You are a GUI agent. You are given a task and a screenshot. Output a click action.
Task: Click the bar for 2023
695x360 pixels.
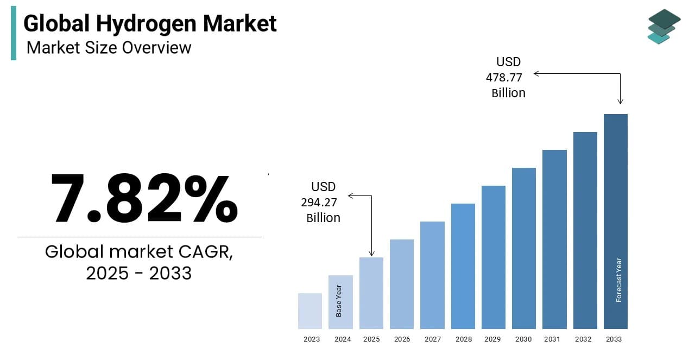tap(310, 311)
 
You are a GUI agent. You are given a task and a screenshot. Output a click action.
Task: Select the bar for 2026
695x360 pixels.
tap(402, 284)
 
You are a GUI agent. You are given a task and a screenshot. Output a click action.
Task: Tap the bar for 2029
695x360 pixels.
tap(494, 257)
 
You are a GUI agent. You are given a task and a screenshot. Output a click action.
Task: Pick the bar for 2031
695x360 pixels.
tap(554, 239)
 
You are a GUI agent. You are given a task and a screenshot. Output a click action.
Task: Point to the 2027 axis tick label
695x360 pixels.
tap(432, 339)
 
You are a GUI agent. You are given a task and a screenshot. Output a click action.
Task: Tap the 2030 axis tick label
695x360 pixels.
tap(524, 339)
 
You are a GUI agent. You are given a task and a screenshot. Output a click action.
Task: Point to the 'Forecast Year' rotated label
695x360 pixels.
tap(618, 280)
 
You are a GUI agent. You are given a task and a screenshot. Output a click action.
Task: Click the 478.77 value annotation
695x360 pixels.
tap(504, 78)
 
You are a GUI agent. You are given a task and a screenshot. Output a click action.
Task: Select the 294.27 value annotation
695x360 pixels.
tap(319, 203)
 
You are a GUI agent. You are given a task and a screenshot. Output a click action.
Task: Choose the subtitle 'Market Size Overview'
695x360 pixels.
tap(109, 48)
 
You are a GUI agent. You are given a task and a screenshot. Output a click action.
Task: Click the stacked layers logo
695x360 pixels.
tap(664, 26)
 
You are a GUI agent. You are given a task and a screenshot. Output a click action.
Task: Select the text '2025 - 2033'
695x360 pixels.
tap(139, 273)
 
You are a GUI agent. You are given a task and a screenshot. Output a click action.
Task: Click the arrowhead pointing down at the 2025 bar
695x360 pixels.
tap(372, 252)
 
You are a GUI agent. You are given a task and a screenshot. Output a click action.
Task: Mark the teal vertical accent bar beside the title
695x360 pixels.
tap(14, 33)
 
